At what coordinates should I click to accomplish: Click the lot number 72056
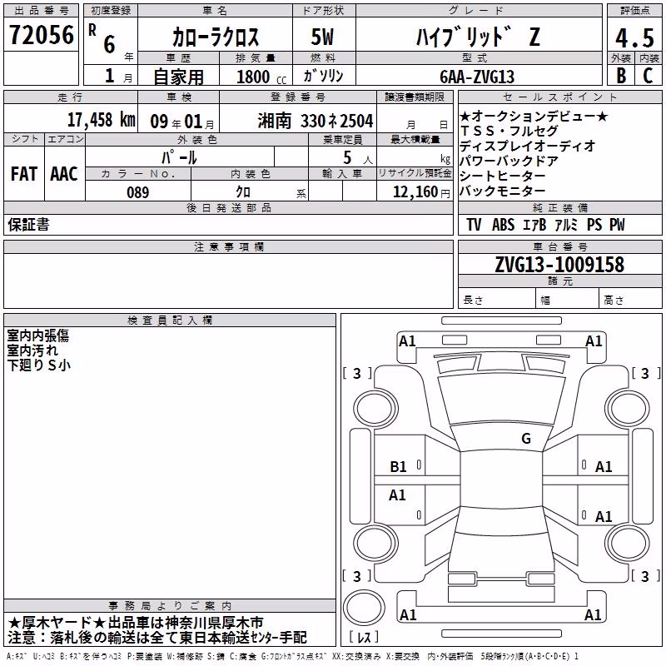coord(42,35)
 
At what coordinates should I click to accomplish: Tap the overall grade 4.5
coord(634,37)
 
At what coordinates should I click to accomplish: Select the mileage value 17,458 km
coord(101,120)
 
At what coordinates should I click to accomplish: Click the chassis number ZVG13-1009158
coord(559,264)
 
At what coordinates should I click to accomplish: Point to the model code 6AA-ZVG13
coord(477,77)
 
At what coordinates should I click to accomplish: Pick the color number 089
coord(138,192)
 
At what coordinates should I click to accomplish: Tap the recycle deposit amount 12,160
coord(415,192)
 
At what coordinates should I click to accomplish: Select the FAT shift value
coord(24,174)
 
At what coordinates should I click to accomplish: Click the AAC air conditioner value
coord(64,174)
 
